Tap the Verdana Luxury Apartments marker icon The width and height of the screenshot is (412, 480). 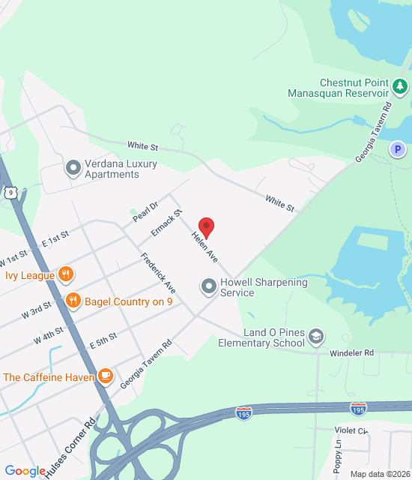(x=73, y=167)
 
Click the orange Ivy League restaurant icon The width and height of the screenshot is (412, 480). (x=66, y=274)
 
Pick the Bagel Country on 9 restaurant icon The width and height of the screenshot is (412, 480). (x=73, y=301)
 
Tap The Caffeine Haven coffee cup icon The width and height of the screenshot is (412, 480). (x=105, y=376)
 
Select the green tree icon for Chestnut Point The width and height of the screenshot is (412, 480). (x=400, y=88)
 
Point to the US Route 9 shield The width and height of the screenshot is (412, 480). (x=10, y=193)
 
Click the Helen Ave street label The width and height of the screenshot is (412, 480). (x=205, y=247)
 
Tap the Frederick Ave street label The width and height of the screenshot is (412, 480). (x=158, y=273)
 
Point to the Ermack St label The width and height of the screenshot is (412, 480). (x=166, y=223)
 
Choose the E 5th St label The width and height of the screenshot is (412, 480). (x=103, y=340)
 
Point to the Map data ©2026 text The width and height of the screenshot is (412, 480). (x=380, y=474)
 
